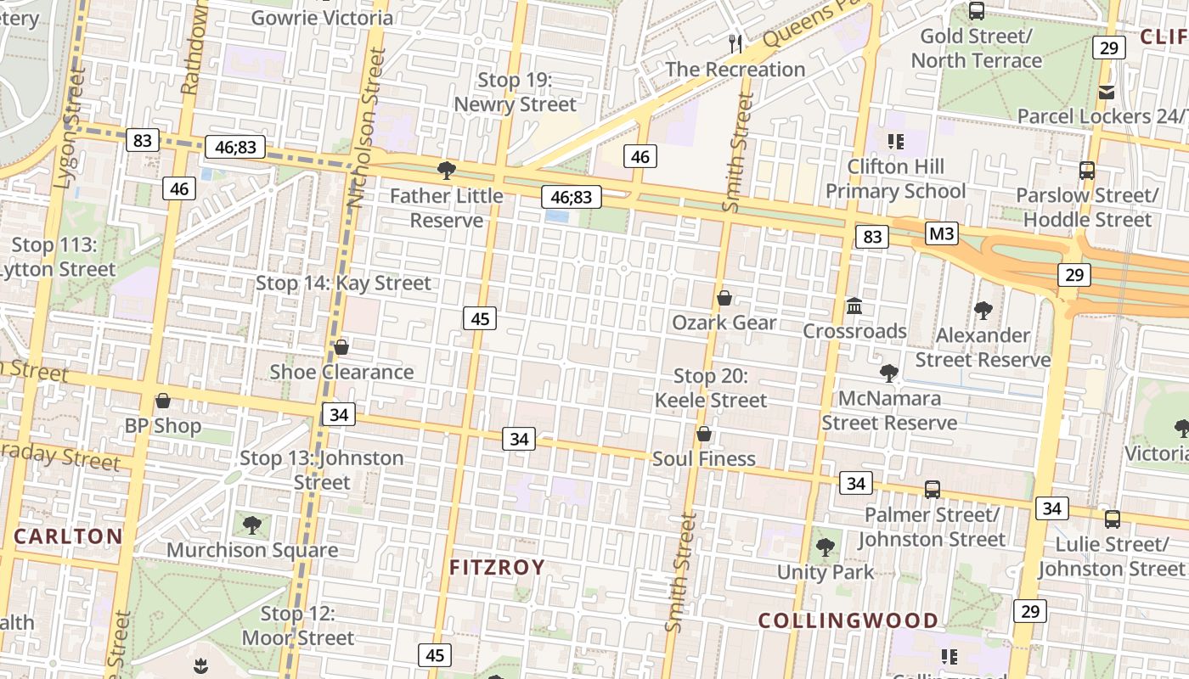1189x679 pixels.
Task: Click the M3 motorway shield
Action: [941, 233]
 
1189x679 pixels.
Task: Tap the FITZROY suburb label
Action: [497, 567]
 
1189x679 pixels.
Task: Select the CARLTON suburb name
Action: [69, 536]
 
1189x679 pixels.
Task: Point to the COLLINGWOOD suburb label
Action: [848, 620]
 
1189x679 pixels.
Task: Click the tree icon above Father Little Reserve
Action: [446, 171]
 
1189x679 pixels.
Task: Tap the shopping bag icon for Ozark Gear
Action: [724, 298]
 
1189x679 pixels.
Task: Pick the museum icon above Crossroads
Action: [854, 306]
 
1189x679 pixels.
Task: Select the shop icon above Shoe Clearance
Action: [341, 347]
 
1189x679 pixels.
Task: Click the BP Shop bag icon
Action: [163, 401]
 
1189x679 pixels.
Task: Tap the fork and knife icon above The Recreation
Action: [735, 44]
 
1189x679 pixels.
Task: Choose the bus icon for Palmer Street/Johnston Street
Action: [932, 490]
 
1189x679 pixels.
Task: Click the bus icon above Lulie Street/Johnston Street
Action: [1112, 519]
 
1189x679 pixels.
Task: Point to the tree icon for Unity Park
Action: [825, 547]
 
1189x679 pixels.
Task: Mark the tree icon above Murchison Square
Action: [251, 525]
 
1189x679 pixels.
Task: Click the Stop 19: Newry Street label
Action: [515, 93]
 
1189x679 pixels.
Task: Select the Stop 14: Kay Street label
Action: [343, 283]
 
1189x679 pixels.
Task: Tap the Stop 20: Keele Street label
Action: [710, 388]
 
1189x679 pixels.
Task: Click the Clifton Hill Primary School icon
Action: [895, 141]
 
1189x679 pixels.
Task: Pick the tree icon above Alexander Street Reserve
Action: [983, 311]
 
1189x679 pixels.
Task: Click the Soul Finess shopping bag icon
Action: [703, 435]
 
